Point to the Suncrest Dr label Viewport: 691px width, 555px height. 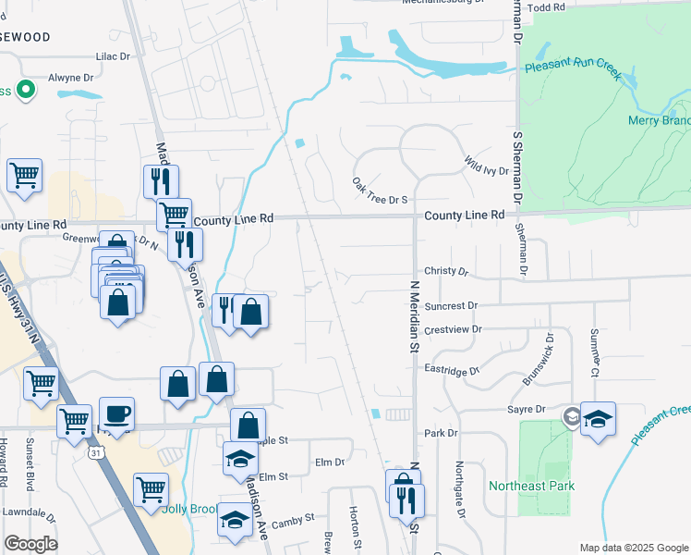452,304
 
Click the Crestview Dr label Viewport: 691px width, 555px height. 453,328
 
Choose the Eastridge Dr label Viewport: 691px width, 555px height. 452,370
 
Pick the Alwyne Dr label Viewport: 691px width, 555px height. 78,79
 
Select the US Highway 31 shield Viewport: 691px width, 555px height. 96,453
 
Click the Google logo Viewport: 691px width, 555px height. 30,544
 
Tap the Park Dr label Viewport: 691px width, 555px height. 441,433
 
